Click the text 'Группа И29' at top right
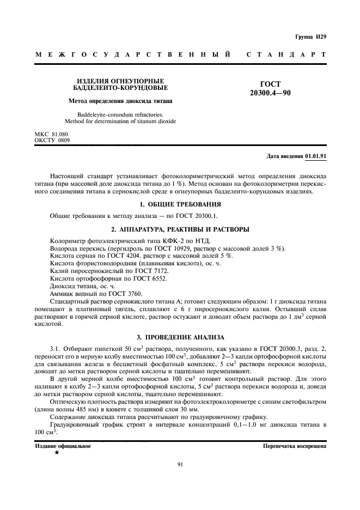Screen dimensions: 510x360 point(310,37)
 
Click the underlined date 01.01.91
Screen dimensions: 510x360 point(316,156)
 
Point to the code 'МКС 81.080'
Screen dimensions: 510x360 point(51,133)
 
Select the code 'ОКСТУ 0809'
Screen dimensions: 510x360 point(52,140)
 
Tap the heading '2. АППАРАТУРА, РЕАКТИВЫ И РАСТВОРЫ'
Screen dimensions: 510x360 point(179,229)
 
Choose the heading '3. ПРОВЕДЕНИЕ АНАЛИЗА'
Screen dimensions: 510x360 point(179,337)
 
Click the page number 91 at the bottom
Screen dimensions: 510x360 point(180,464)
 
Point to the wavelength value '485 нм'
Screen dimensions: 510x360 point(89,410)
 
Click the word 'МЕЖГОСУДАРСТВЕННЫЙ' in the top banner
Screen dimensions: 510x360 point(132,55)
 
